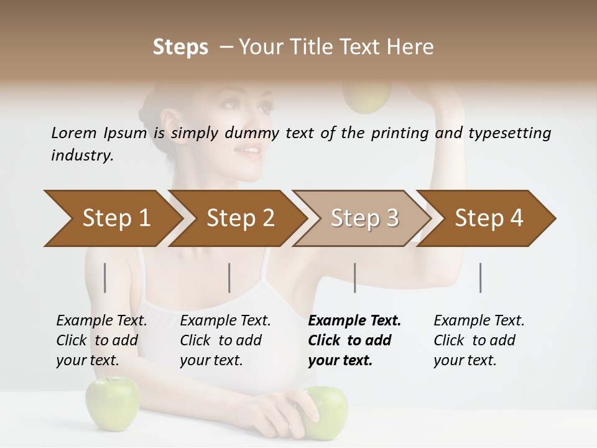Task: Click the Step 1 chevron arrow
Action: click(x=112, y=218)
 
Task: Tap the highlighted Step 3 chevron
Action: click(x=364, y=218)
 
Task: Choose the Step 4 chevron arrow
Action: click(x=488, y=218)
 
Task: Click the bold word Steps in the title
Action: click(x=180, y=47)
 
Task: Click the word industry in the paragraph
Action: click(x=81, y=156)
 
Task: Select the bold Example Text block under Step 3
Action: click(x=354, y=340)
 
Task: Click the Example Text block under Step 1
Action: click(x=101, y=340)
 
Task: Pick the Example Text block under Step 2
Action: click(x=225, y=340)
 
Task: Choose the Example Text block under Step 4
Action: click(x=479, y=340)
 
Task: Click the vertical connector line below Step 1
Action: click(x=105, y=278)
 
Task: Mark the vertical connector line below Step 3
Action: click(x=355, y=278)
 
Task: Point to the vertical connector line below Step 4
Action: click(x=481, y=278)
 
